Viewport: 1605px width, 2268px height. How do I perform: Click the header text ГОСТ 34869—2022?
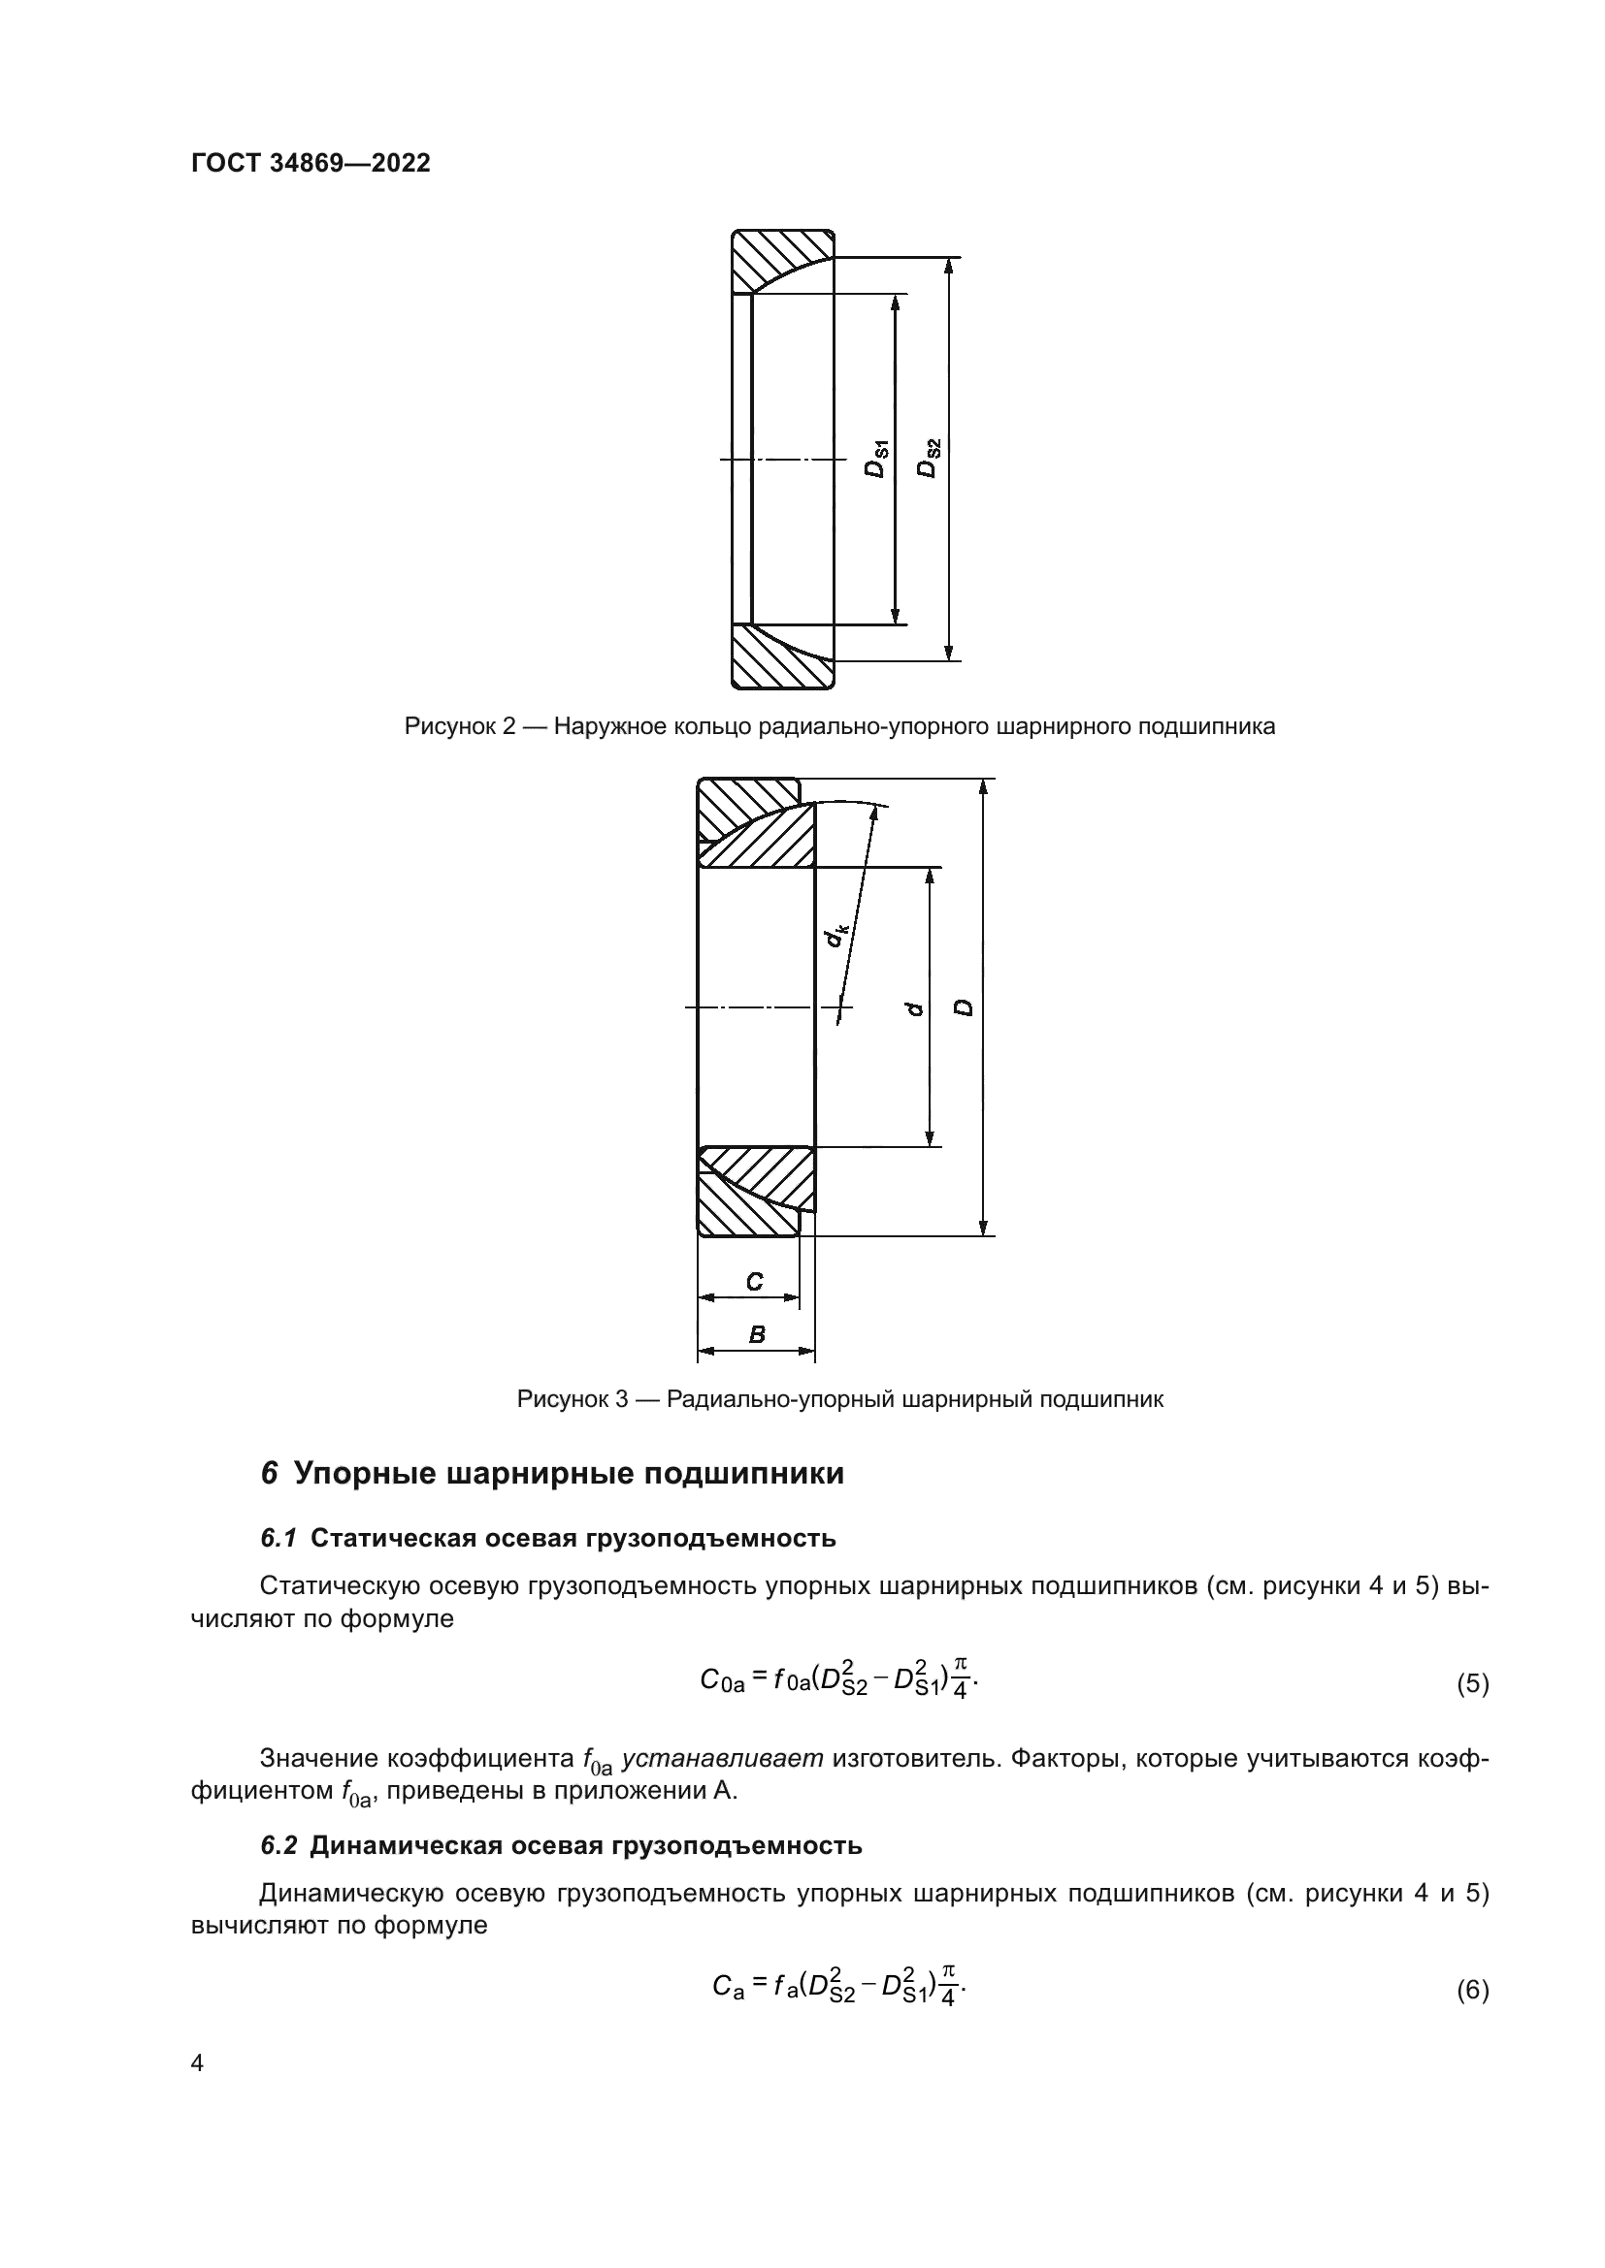(311, 163)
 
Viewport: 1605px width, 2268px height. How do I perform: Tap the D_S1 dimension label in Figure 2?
(876, 460)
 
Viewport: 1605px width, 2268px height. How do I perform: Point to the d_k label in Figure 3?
(836, 933)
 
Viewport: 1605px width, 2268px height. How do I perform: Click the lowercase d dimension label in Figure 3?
(915, 1007)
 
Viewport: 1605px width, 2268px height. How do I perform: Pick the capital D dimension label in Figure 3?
(965, 1007)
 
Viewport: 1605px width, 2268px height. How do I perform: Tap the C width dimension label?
(754, 1282)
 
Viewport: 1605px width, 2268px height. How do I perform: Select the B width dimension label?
(757, 1334)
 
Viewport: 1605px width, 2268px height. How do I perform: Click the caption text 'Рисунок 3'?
(573, 1400)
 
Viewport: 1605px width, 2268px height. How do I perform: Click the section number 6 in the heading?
(269, 1501)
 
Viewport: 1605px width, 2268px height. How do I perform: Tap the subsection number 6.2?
(278, 1845)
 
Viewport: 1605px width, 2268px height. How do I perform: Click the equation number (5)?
(1473, 1684)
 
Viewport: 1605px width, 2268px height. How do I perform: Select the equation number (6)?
(1473, 1991)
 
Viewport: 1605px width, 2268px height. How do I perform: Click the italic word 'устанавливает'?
(723, 1758)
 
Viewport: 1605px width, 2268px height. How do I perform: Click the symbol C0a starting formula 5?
(721, 1681)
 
